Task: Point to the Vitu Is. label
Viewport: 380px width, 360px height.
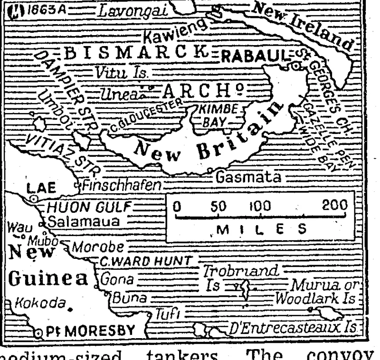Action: pyautogui.click(x=120, y=74)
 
